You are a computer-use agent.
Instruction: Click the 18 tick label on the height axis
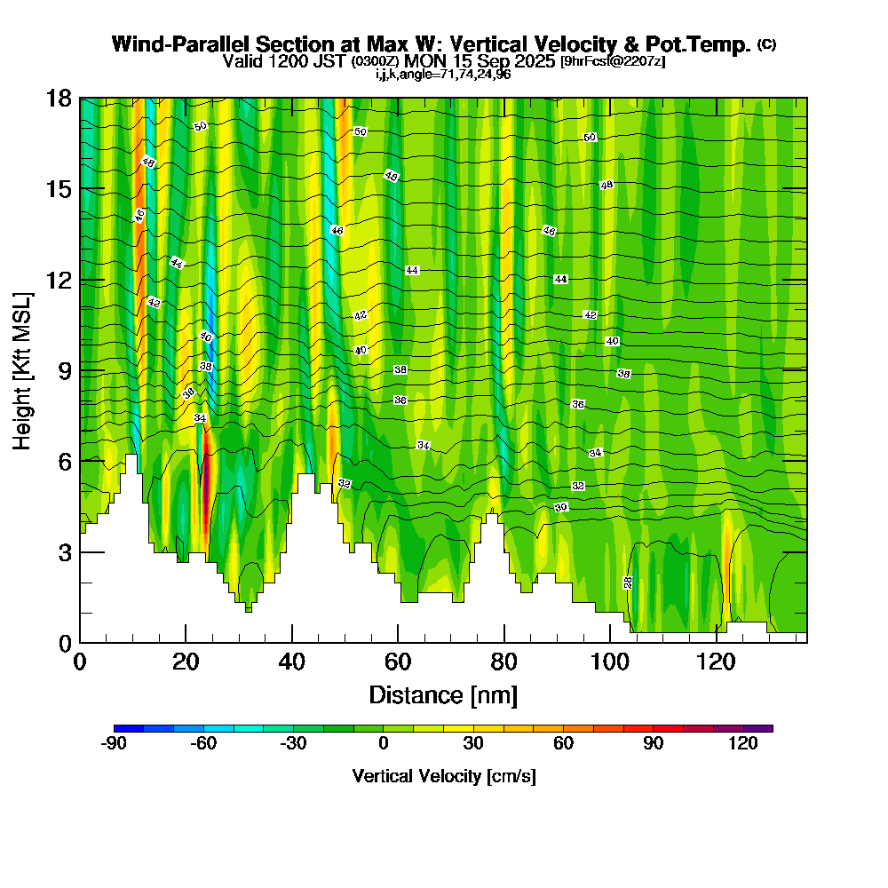58,98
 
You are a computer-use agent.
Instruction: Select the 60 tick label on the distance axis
398,662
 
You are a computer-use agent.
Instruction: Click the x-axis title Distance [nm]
443,694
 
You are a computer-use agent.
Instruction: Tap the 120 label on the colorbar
743,744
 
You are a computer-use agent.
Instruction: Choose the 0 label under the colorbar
384,744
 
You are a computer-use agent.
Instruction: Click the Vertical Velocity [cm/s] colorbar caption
443,776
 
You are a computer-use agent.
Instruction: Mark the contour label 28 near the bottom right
628,583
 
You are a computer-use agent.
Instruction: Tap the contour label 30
561,507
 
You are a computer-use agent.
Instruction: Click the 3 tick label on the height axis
64,551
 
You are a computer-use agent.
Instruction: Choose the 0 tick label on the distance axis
80,662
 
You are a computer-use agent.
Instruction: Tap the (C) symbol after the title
766,45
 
